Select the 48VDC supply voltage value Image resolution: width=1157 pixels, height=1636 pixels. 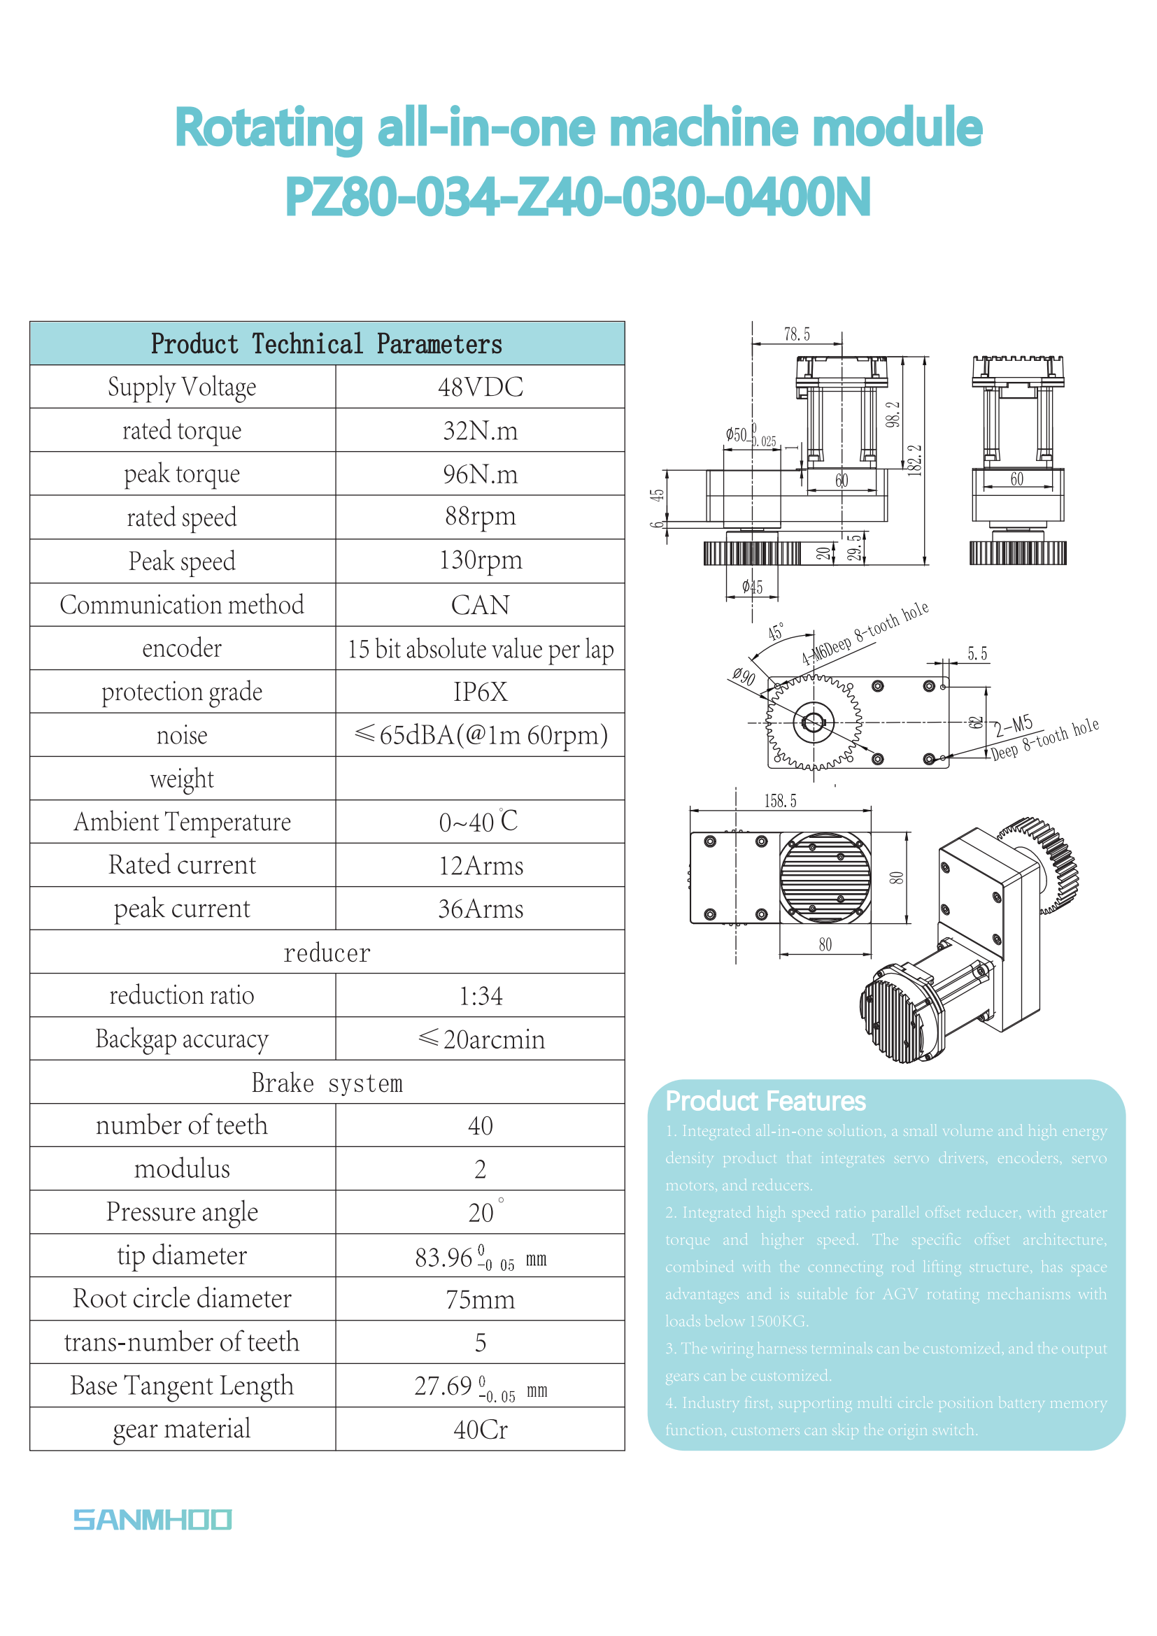coord(480,387)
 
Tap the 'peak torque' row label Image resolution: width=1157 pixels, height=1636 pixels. coord(182,474)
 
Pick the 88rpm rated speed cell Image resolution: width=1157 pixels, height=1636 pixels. coord(480,517)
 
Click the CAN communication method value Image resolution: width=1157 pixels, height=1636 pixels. coord(480,605)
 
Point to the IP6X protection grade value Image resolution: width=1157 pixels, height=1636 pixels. coord(480,692)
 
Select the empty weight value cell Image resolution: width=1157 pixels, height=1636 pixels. coord(480,778)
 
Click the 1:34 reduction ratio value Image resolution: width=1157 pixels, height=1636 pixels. coord(480,995)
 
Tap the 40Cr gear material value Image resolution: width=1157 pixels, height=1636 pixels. coord(480,1430)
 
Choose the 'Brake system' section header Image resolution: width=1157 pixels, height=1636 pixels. coord(327,1082)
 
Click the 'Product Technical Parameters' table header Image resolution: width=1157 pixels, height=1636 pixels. coord(327,344)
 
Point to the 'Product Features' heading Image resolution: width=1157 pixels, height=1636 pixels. coord(765,1102)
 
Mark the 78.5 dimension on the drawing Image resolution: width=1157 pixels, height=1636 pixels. coord(797,334)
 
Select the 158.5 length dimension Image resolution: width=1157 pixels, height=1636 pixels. coord(780,801)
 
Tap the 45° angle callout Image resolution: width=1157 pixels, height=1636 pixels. coord(776,632)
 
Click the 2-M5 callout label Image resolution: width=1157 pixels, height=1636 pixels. coord(1013,726)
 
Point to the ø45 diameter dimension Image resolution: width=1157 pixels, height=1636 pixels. coord(753,587)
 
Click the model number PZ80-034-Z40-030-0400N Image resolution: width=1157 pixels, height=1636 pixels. coord(578,197)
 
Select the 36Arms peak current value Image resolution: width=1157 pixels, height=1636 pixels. coord(480,909)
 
